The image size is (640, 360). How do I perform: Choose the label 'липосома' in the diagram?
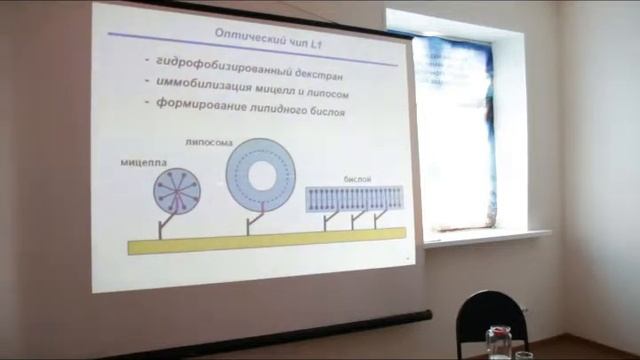click(206, 142)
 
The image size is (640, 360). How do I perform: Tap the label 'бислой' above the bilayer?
click(357, 176)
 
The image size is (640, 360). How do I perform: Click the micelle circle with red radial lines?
click(176, 191)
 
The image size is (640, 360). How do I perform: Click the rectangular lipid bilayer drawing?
click(355, 197)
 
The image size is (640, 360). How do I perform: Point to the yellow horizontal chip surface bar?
click(265, 240)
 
